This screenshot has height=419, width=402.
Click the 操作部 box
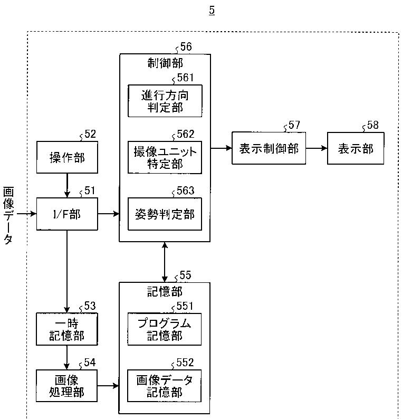(x=67, y=157)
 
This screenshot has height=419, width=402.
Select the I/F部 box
(x=67, y=214)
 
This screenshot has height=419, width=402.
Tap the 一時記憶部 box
(x=67, y=329)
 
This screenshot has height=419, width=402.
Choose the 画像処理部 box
(x=67, y=386)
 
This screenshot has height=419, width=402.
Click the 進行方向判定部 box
(x=165, y=101)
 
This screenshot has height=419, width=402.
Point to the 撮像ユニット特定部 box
(x=165, y=157)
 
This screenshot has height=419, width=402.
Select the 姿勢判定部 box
(x=165, y=214)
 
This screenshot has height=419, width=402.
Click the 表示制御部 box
(x=269, y=148)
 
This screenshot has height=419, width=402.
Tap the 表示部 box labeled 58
(x=356, y=148)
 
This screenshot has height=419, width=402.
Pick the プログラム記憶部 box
(x=165, y=329)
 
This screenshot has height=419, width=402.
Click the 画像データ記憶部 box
(x=164, y=386)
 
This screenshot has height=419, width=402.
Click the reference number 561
(x=185, y=78)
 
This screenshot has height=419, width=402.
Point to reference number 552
(x=185, y=363)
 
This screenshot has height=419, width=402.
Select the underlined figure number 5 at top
(x=212, y=10)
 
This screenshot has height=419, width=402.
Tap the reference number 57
(x=294, y=125)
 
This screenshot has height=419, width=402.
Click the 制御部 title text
(x=165, y=63)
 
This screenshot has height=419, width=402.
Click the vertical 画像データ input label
(x=8, y=215)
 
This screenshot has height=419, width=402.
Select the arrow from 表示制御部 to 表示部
(x=317, y=148)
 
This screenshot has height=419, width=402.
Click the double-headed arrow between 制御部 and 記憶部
(x=165, y=262)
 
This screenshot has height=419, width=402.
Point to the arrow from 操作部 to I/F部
(x=67, y=185)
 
